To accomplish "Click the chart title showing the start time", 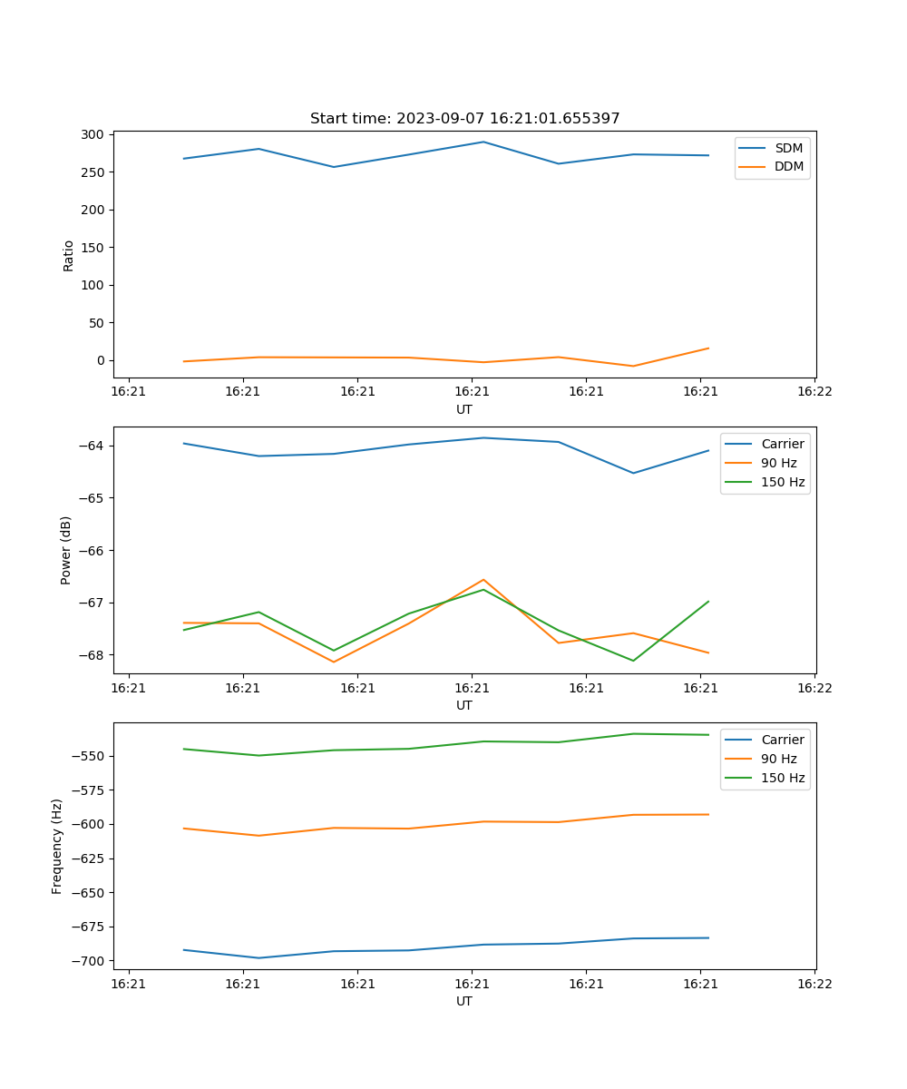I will tap(464, 119).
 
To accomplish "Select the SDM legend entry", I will tap(788, 148).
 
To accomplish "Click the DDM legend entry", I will tap(788, 166).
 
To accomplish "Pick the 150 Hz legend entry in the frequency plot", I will tap(783, 778).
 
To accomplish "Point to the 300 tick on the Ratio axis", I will tap(93, 134).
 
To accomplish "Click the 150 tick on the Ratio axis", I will tap(93, 248).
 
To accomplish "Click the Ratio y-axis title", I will tap(69, 255).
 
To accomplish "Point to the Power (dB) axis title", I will tap(66, 550).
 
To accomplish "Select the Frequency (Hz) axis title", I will tap(57, 846).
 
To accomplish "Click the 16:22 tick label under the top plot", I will tap(814, 392).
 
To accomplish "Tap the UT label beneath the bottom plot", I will tap(464, 1001).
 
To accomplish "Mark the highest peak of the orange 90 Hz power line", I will tap(483, 579).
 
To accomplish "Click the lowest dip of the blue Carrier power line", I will tap(633, 473).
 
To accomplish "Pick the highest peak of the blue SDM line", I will tap(483, 142).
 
